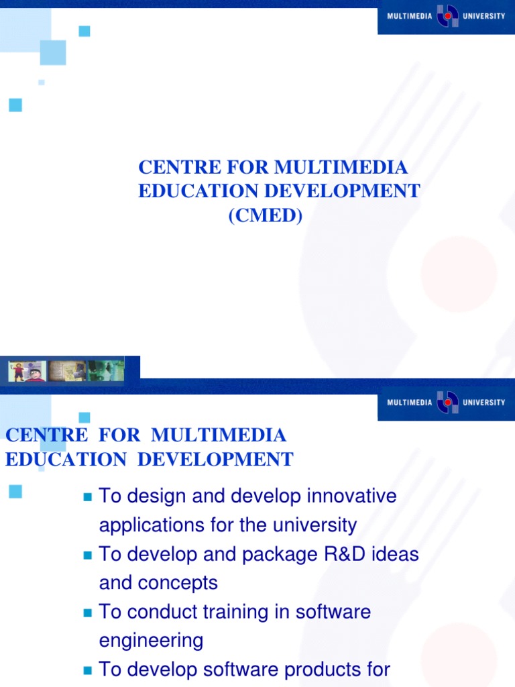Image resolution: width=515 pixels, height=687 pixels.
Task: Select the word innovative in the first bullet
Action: point(352,496)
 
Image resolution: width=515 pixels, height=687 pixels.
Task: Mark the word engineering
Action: point(151,641)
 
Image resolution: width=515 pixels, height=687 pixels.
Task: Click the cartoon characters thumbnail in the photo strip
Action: point(27,371)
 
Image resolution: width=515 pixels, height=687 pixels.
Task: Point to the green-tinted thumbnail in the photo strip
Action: point(105,371)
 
